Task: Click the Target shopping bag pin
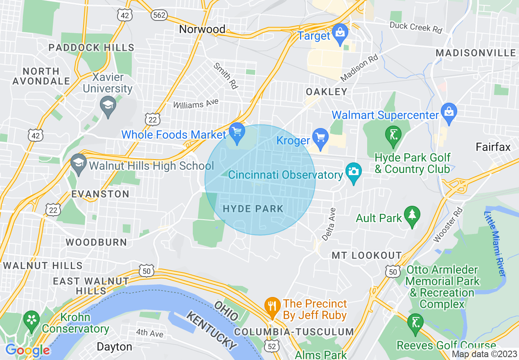340,32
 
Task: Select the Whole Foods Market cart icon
237,132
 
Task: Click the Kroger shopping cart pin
320,137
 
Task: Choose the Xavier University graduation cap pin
108,105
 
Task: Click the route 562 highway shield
158,15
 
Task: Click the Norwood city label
202,29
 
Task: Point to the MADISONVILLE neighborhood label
476,53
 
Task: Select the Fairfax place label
493,147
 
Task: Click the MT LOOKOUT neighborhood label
366,255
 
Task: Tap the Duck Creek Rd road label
416,28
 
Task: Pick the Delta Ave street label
329,224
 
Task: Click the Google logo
27,350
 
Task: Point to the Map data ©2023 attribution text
484,354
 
